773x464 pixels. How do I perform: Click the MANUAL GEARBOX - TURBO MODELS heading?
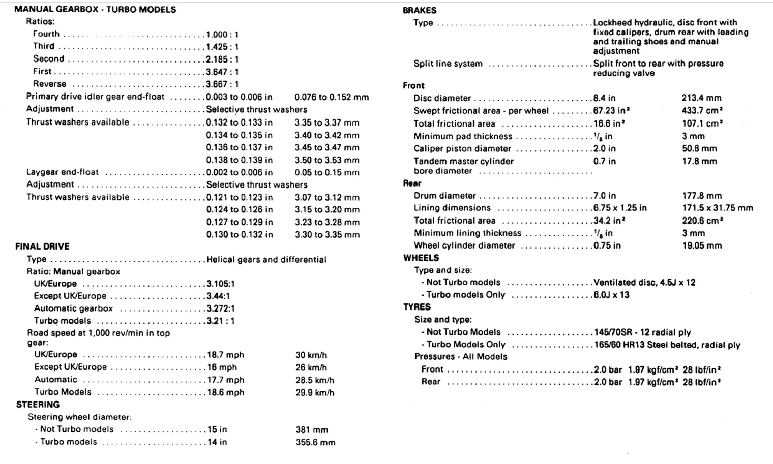tap(95, 9)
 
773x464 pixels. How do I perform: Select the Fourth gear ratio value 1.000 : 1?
tap(222, 34)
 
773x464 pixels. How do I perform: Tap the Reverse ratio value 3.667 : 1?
tap(222, 84)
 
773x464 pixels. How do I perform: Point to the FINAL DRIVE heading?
tap(42, 246)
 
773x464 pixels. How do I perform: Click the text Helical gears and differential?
tap(266, 259)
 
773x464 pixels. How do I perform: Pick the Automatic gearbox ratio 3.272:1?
tap(221, 308)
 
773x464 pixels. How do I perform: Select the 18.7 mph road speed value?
tap(225, 355)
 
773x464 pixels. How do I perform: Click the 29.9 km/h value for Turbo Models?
tap(315, 392)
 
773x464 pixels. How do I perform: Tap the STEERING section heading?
tap(38, 405)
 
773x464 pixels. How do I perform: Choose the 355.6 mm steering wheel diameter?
tap(315, 442)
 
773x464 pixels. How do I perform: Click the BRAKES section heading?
tap(419, 10)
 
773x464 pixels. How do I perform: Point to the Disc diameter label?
tap(442, 98)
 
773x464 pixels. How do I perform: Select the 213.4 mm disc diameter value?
tap(701, 98)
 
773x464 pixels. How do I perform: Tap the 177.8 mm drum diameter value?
tap(702, 196)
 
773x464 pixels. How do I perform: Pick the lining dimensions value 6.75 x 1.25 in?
tap(620, 208)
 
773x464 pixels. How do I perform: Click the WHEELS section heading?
tap(421, 258)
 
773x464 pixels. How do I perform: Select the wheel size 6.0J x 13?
tap(611, 295)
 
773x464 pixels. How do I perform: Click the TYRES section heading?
tap(417, 307)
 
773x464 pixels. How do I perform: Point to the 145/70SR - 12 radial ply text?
tap(642, 332)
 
